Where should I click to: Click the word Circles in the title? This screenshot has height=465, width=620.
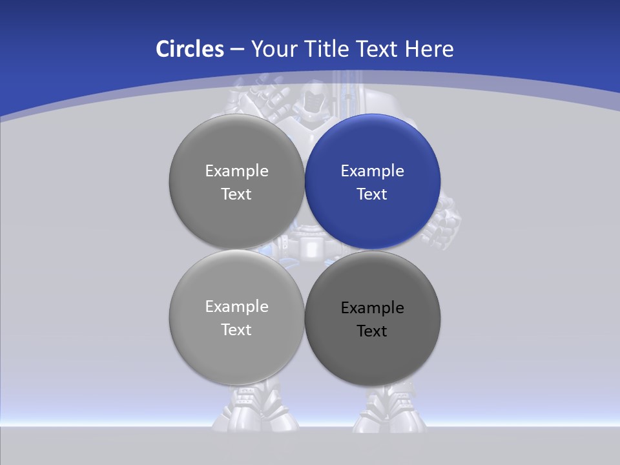(x=190, y=49)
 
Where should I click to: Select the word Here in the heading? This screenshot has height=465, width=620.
(x=429, y=49)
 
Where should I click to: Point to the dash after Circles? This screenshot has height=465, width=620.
(x=237, y=50)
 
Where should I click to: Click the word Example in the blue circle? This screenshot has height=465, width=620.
(x=373, y=171)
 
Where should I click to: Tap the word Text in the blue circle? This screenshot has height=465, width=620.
(x=373, y=194)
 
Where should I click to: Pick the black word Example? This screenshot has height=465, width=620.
(x=373, y=308)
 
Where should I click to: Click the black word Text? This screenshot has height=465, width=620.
(x=373, y=331)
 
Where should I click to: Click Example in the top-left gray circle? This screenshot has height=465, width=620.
(x=236, y=171)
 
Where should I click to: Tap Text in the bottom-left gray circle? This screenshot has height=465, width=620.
(x=236, y=330)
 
